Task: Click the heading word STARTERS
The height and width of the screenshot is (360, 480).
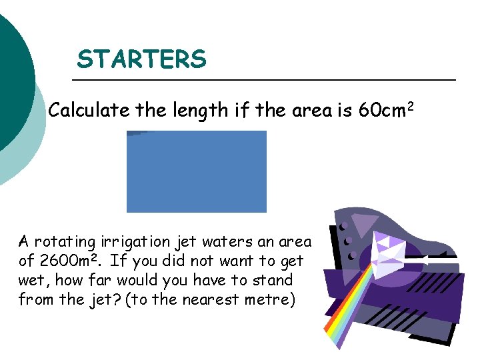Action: click(x=141, y=60)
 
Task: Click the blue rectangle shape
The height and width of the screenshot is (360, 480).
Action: click(x=197, y=171)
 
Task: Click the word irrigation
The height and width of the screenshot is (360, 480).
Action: click(x=133, y=241)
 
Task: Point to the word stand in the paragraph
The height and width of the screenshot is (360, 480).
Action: click(x=273, y=280)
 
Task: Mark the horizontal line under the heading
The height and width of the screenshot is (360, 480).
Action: click(x=263, y=80)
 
